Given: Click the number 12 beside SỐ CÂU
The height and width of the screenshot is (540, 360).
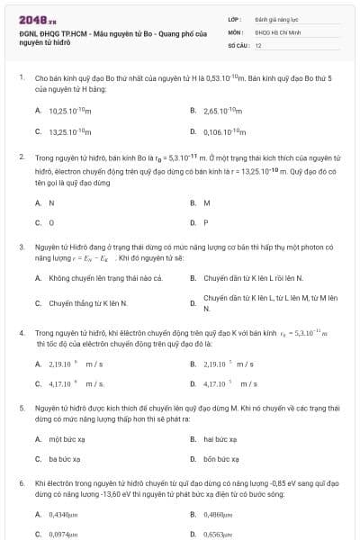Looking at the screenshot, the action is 258,44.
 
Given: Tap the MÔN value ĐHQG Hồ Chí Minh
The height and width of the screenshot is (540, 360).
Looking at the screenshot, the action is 273,31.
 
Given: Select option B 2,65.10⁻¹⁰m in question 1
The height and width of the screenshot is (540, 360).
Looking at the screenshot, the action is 225,110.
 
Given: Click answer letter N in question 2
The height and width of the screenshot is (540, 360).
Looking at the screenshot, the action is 51,202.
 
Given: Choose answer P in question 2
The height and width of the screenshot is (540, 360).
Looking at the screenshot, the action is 206,222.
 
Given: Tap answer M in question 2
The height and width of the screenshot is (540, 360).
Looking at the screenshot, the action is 206,202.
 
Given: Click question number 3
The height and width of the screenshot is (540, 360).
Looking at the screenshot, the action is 22,245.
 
